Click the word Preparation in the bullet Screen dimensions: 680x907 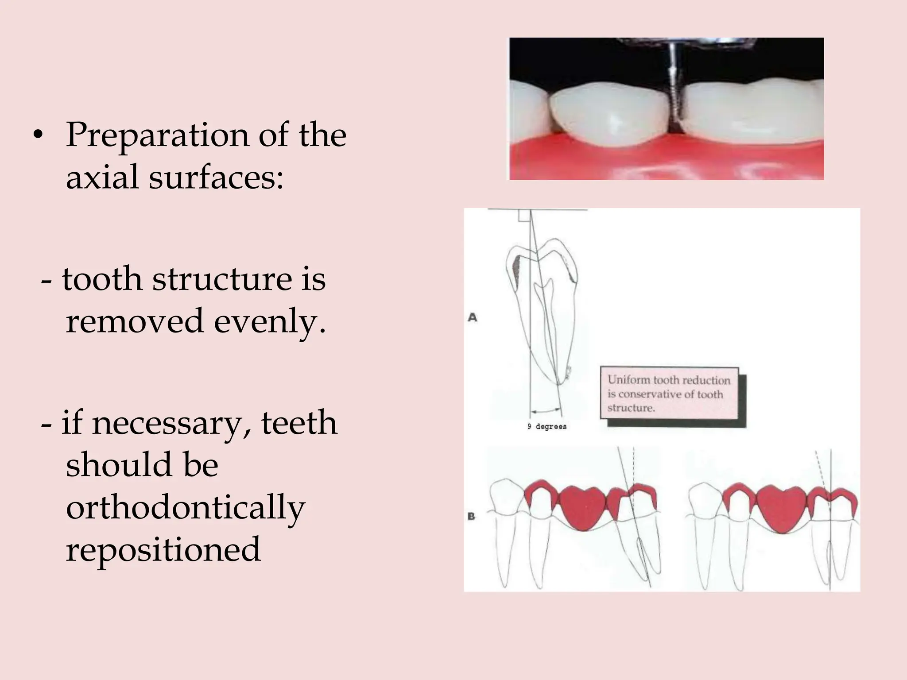point(157,135)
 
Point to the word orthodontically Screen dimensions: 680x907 point(186,507)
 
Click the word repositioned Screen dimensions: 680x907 point(163,549)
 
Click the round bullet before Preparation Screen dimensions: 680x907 point(39,135)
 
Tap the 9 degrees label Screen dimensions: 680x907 point(547,427)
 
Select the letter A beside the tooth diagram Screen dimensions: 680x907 point(473,317)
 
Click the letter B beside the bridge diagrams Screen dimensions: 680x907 point(471,516)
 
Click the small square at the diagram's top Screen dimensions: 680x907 point(524,216)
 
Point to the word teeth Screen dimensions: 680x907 point(299,423)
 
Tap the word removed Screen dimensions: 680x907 point(135,321)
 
